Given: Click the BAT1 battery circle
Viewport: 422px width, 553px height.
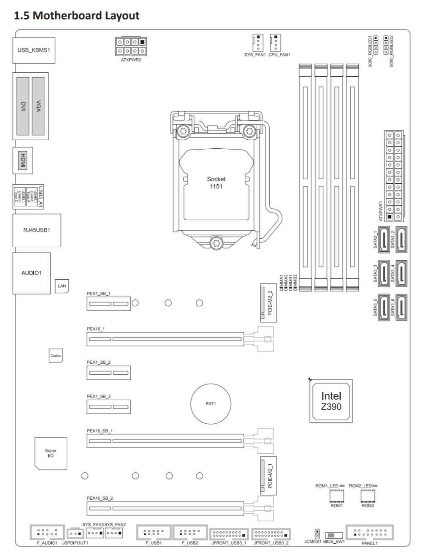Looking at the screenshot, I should [211, 404].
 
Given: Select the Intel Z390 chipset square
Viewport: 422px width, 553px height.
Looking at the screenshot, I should [331, 400].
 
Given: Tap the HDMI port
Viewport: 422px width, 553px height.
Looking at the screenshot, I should [23, 161].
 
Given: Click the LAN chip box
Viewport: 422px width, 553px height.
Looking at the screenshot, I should [62, 286].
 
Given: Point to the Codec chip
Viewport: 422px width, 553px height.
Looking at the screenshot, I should [56, 356].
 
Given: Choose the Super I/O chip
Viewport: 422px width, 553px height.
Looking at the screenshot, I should [51, 453].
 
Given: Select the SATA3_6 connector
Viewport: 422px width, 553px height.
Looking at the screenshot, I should [401, 308].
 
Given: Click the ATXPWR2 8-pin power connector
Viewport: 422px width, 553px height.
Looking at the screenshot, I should [131, 46].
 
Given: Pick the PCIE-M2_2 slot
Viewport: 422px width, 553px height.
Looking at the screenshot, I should [268, 303].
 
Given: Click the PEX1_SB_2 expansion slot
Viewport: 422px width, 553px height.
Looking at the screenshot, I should [108, 373].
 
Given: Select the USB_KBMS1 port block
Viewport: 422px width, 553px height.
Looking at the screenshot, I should [34, 50].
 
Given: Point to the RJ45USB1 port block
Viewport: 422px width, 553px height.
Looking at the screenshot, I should [37, 230].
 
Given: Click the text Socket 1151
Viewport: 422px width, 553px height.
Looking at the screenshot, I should [216, 183].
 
